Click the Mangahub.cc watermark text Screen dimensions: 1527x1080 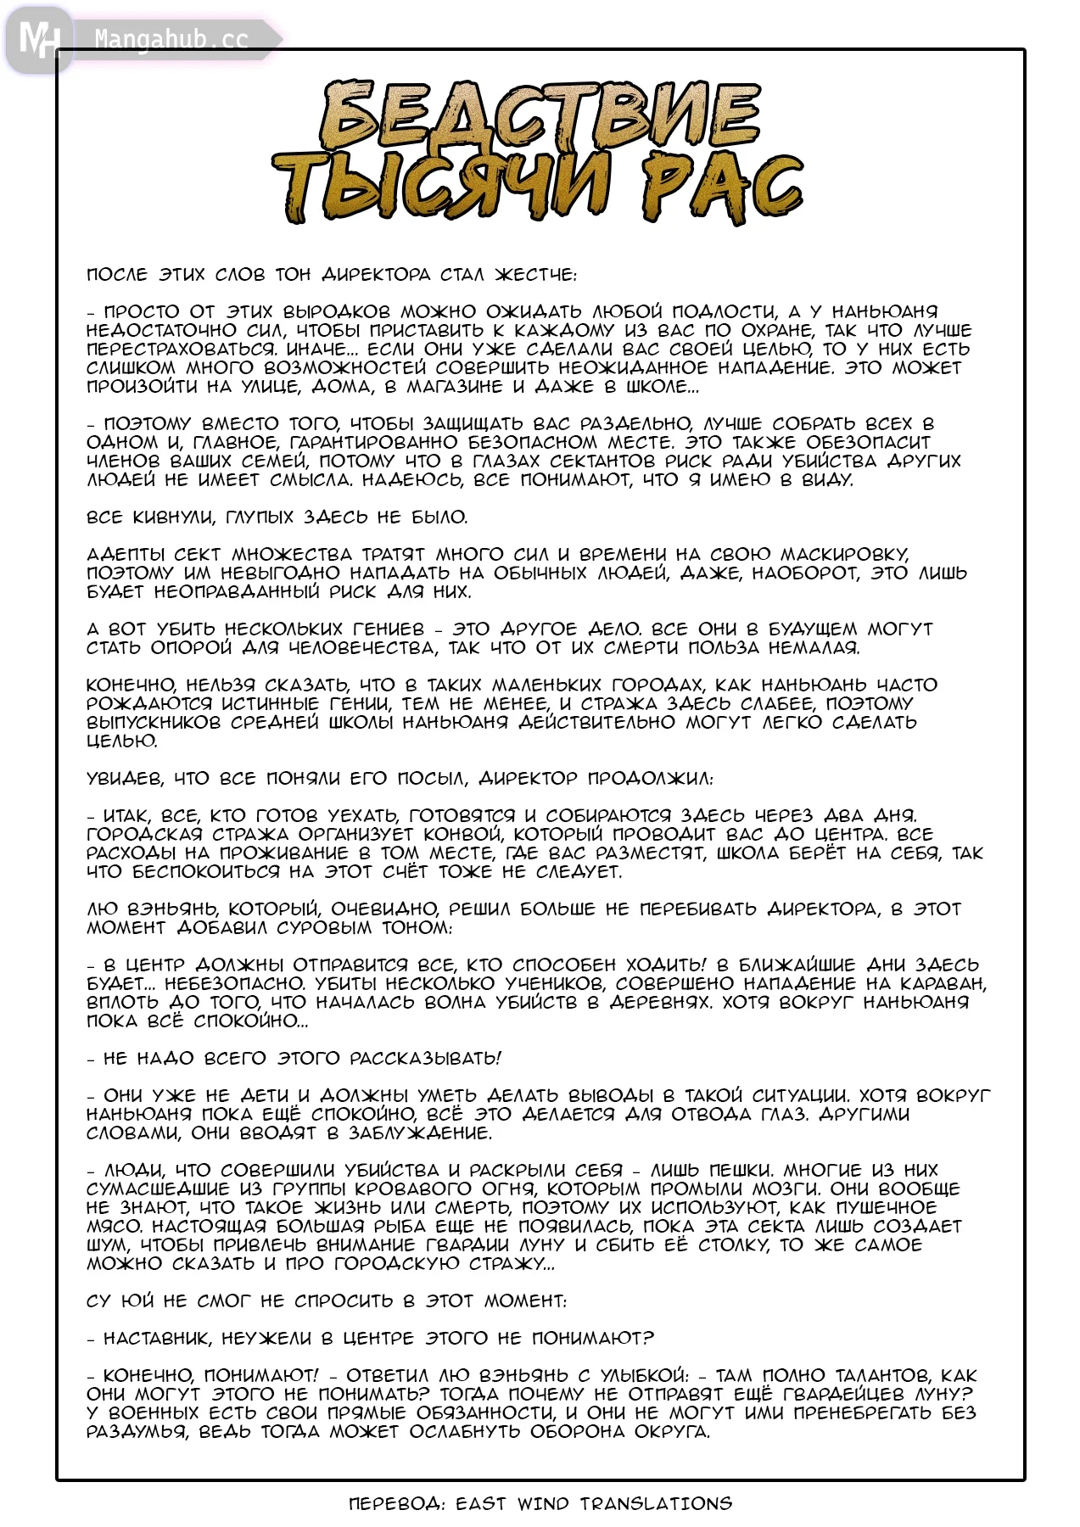pos(171,39)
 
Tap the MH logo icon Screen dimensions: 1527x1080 pos(38,39)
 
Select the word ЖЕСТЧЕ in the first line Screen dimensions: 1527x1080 pos(535,275)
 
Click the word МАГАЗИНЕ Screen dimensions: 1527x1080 pos(449,386)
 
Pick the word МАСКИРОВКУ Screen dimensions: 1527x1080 pos(834,554)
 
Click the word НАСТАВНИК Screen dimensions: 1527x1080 pos(157,1338)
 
